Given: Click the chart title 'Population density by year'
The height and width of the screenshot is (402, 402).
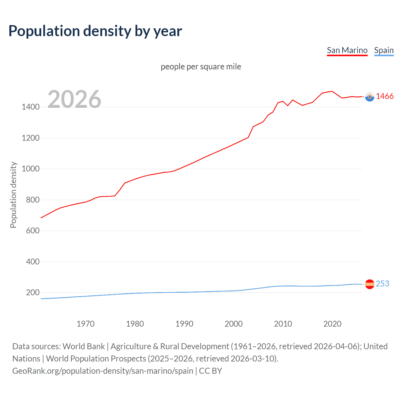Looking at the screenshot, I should point(95,31).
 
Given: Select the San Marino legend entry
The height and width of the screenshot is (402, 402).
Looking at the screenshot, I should point(347,50).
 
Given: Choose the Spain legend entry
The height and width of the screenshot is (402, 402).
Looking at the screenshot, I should point(384,50).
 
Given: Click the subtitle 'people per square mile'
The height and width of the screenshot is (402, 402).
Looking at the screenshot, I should point(201,67).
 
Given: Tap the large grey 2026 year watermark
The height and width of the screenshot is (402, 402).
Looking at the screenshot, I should point(74,99).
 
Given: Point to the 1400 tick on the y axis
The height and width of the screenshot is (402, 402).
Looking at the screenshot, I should point(30,107).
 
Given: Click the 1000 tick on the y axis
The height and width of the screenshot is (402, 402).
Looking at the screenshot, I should point(30,169).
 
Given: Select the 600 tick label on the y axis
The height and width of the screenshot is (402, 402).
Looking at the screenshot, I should point(33,231).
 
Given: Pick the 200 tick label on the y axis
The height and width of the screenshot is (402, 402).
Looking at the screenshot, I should point(33,293).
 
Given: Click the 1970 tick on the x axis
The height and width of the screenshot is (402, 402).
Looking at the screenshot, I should point(85,324).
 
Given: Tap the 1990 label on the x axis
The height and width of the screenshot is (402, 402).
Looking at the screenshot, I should point(184,324).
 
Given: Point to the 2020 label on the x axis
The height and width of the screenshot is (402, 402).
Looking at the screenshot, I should point(332,324).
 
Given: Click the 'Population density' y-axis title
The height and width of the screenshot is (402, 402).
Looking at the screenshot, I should point(13,195).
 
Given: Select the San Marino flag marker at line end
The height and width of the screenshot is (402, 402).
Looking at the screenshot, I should point(370,97).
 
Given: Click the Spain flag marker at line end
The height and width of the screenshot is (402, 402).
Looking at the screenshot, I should point(370,284).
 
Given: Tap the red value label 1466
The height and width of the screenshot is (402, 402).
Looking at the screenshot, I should point(385,96).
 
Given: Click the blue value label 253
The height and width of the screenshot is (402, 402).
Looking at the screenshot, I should point(382,284).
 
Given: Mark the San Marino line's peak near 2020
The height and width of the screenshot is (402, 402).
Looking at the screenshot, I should point(332,91).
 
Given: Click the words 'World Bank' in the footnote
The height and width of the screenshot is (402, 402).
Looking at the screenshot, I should point(84,346).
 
